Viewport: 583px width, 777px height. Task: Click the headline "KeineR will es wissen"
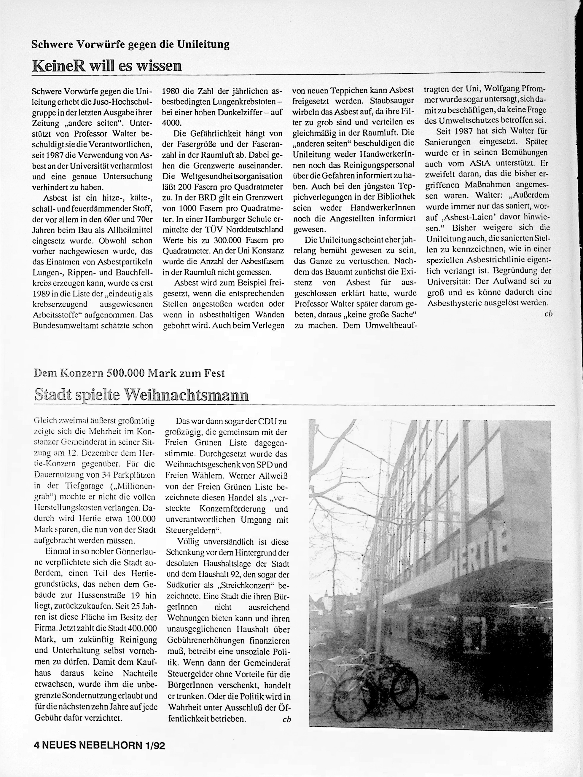[x=107, y=66]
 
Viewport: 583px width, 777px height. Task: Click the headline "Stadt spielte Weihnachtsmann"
[x=142, y=395]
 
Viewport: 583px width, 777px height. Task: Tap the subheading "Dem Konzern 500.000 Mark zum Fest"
[x=129, y=373]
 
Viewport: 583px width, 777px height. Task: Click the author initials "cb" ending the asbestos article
[x=548, y=314]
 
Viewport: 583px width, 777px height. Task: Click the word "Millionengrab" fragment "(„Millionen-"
[x=132, y=486]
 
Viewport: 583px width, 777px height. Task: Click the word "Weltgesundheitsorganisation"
[x=223, y=176]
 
